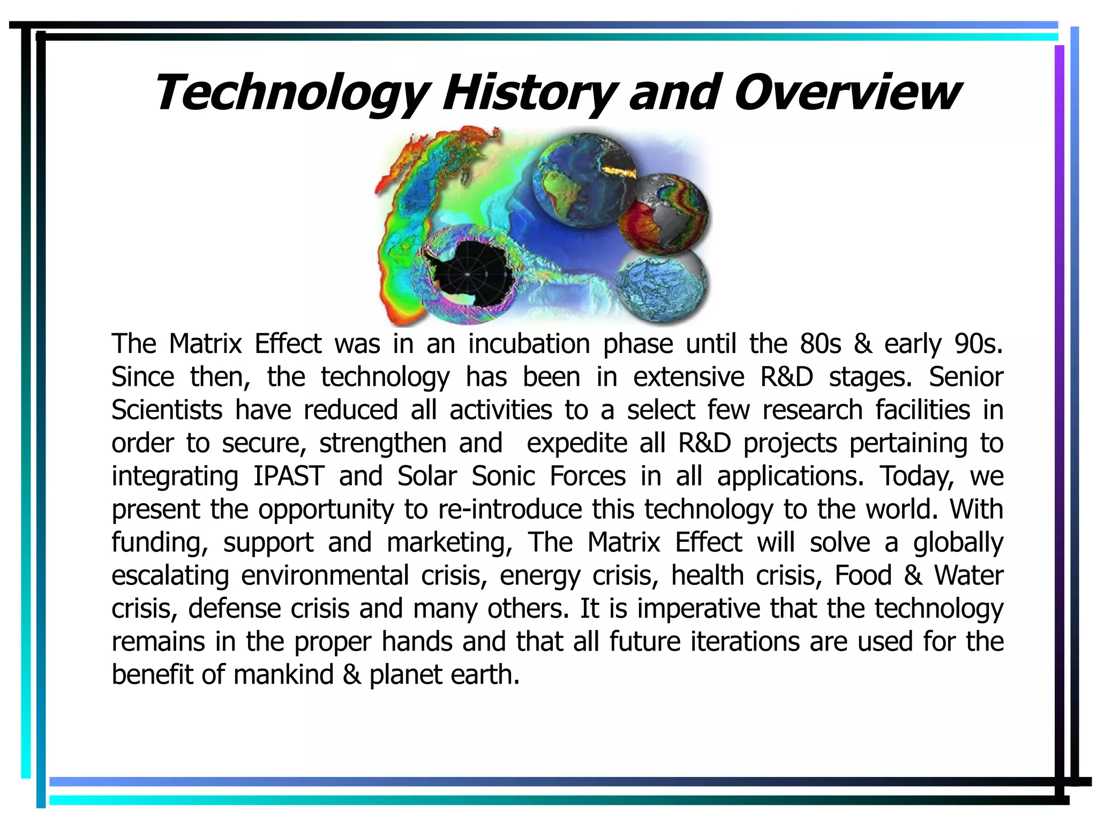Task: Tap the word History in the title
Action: pyautogui.click(x=528, y=93)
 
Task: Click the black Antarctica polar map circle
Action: pyautogui.click(x=469, y=274)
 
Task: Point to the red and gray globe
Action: pyautogui.click(x=663, y=213)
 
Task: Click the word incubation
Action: pyautogui.click(x=529, y=344)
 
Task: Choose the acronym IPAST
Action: pyautogui.click(x=289, y=476)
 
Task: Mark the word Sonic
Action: pyautogui.click(x=503, y=476)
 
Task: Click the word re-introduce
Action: pyautogui.click(x=509, y=510)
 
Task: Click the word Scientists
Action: pyautogui.click(x=167, y=410)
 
